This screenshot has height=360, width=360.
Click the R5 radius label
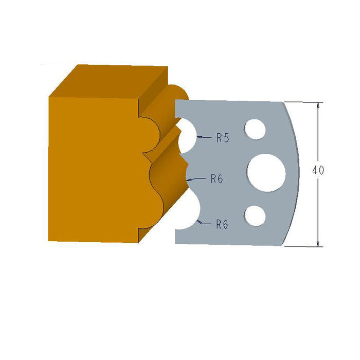(222, 137)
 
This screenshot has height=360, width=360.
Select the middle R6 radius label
(217, 179)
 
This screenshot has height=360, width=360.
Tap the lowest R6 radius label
(222, 224)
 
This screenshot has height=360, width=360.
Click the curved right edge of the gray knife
(295, 170)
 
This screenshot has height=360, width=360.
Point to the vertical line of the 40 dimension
(319, 206)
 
